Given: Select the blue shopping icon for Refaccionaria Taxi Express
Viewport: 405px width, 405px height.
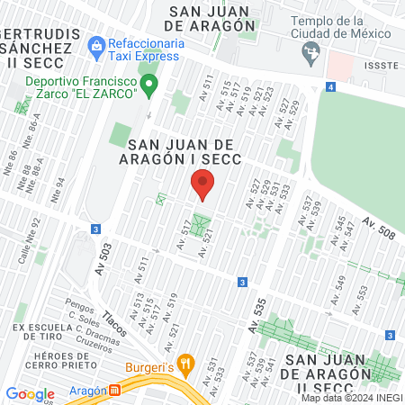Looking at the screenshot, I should click(96, 43).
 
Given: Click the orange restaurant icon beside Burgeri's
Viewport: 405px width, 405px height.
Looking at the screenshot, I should click(186, 364).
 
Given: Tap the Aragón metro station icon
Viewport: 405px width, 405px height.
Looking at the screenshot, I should click(114, 391).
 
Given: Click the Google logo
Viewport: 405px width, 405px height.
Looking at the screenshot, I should click(30, 393).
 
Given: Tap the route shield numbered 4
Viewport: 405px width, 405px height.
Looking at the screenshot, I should click(331, 87).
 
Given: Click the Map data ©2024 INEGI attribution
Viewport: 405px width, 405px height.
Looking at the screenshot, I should click(351, 398).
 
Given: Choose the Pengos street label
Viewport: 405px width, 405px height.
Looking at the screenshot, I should click(80, 307).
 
